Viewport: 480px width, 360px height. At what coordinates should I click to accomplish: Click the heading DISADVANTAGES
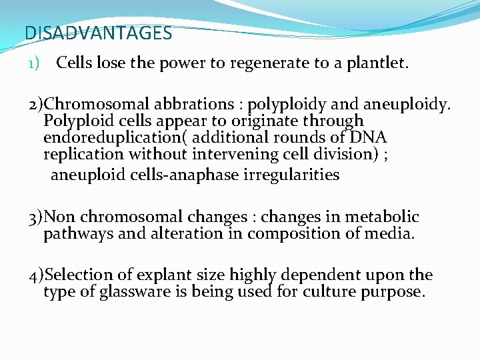pyautogui.click(x=98, y=33)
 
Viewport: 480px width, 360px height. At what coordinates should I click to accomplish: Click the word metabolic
pyautogui.click(x=386, y=217)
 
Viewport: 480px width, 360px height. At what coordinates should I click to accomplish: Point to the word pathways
pyautogui.click(x=74, y=233)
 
